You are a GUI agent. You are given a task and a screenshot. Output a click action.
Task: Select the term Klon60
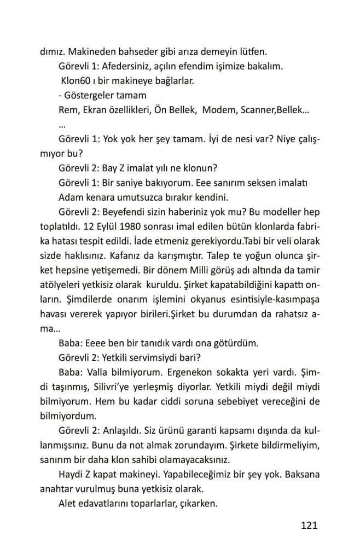click(76, 81)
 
